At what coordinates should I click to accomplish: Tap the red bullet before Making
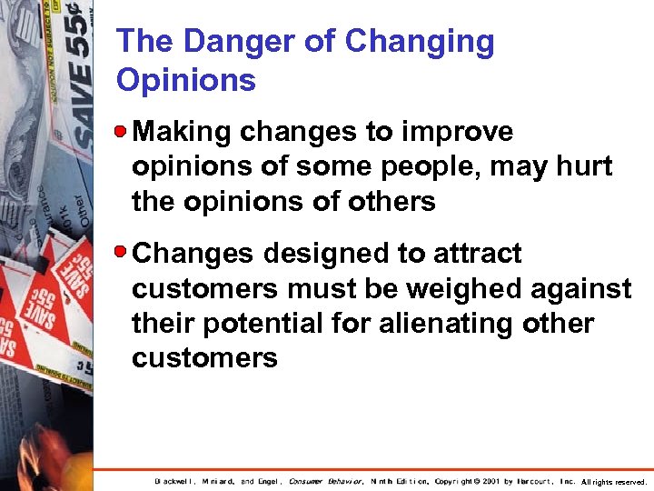coord(122,132)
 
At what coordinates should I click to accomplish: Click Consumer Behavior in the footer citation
coord(326,481)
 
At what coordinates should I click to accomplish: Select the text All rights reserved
coord(614,481)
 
